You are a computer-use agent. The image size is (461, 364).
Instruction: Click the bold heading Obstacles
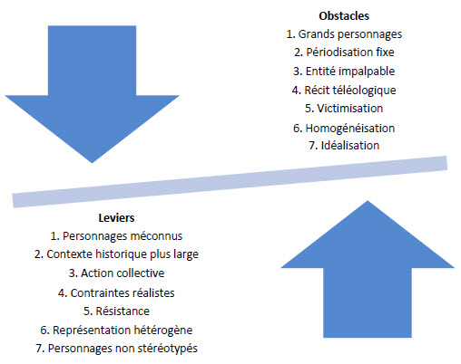coord(344,16)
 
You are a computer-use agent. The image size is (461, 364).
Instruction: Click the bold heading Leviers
coord(116,218)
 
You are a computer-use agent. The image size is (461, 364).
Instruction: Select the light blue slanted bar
coord(230,182)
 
